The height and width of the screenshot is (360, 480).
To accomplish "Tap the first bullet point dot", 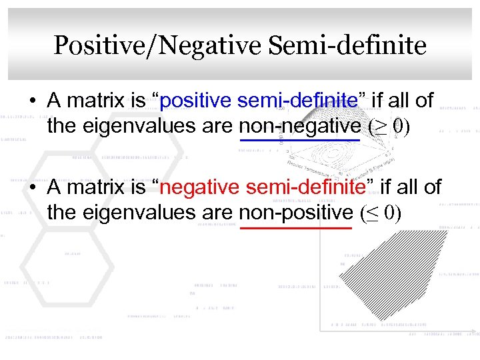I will pyautogui.click(x=32, y=102).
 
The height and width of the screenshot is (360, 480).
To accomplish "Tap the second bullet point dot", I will pyautogui.click(x=32, y=189).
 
